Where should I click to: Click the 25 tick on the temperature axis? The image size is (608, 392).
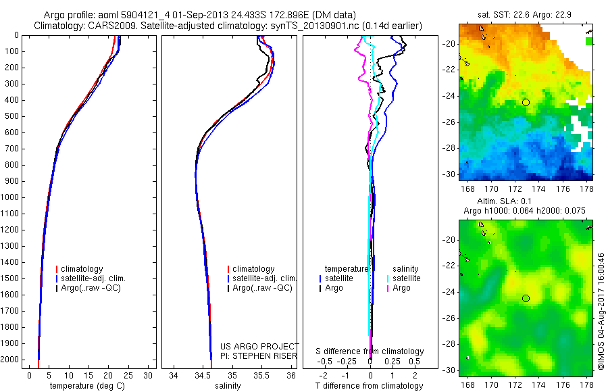128,375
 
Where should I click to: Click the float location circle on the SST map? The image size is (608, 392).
526,102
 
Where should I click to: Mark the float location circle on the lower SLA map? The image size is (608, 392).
526,298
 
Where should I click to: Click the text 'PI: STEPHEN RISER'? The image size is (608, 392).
259,354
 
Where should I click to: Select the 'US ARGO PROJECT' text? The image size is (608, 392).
259,345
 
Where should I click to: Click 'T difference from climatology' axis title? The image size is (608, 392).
370,386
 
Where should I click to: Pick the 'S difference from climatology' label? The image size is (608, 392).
370,351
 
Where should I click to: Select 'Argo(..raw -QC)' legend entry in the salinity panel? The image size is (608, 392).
261,288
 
